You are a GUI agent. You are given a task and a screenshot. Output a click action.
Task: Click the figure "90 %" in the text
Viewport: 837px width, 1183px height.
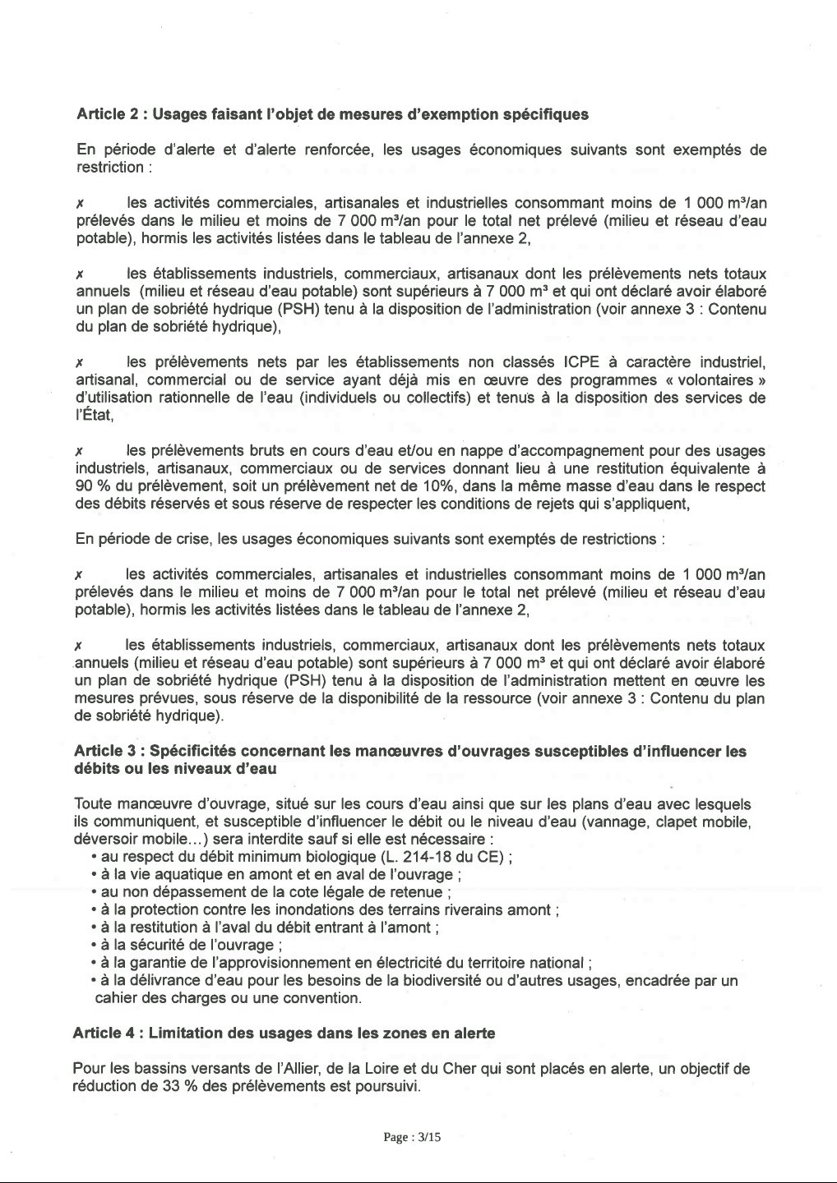[x=91, y=486]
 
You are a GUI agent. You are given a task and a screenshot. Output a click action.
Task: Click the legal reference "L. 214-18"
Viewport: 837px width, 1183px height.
[x=441, y=857]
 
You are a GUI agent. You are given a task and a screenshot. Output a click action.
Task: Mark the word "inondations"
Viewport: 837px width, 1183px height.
[x=317, y=909]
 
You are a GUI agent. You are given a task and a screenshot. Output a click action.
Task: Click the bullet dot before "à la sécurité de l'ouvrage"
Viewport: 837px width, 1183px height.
[x=95, y=945]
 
